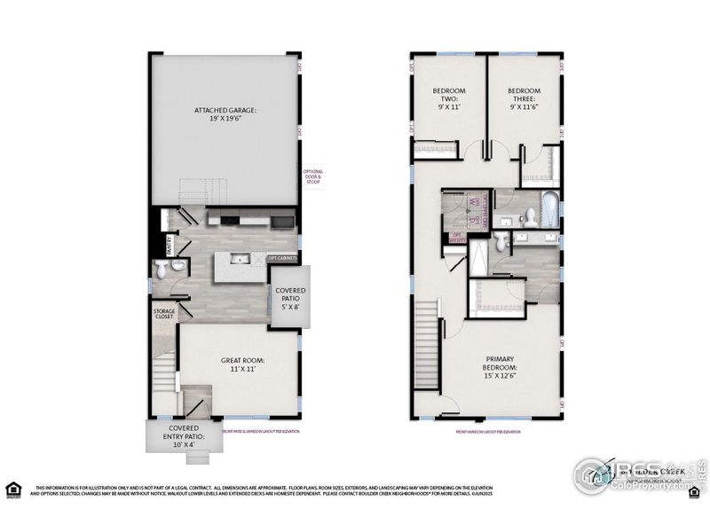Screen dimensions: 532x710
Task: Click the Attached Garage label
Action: point(225,115)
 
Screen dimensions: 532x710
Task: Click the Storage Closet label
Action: point(164,317)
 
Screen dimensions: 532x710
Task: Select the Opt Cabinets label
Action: point(283,259)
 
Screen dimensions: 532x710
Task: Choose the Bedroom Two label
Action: point(448,98)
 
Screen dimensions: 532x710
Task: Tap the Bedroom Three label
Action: point(524,98)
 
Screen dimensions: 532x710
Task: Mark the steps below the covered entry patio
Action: point(200,458)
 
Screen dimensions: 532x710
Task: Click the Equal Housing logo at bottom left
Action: point(13,489)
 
